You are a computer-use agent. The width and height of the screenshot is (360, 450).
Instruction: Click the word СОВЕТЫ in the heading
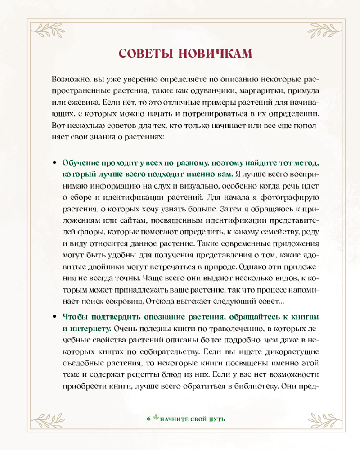point(143,53)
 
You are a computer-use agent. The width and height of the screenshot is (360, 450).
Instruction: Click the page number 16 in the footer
point(148,419)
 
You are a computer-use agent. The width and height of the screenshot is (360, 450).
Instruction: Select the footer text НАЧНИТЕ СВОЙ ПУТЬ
point(192,419)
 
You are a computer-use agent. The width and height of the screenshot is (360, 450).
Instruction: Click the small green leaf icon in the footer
point(155,419)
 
